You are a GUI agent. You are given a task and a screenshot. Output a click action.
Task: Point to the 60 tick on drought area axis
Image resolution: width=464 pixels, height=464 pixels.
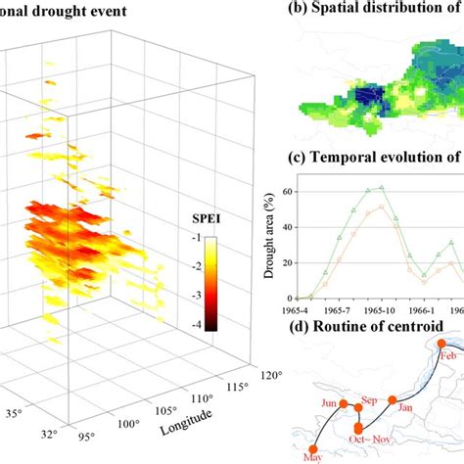point(285,192)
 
